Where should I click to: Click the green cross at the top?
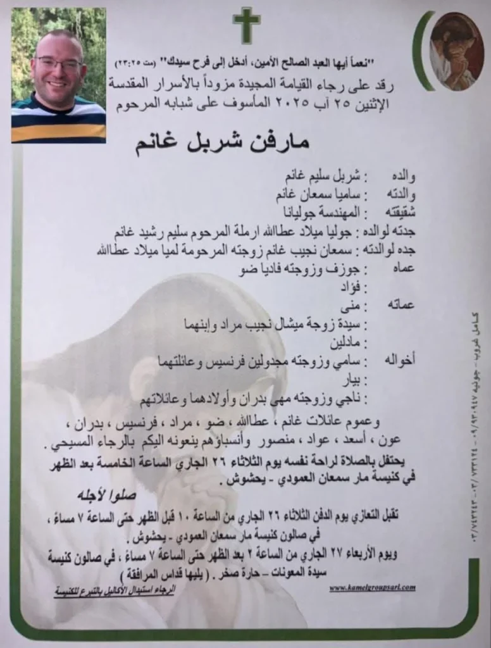coord(246,25)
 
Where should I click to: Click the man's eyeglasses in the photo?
coord(59,63)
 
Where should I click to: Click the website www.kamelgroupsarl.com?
coord(372,588)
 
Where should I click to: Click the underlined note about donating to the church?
coord(115,590)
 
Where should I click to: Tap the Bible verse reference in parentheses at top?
coord(132,63)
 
